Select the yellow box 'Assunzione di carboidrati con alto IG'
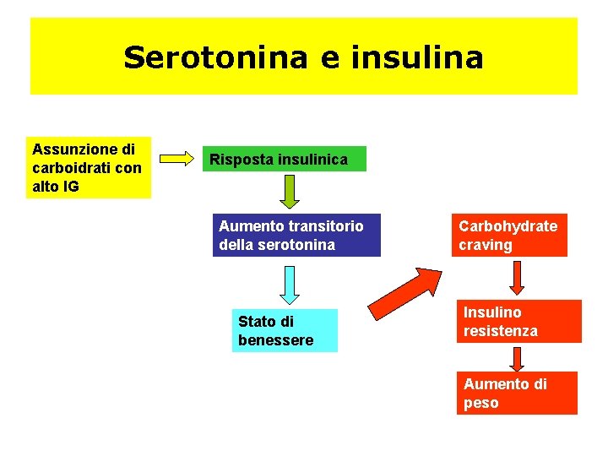pos(87,167)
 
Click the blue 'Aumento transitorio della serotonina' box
pos(296,235)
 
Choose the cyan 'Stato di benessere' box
pos(285,330)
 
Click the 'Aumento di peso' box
pos(517,393)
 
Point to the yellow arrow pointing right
pos(177,158)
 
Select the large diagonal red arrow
pos(405,291)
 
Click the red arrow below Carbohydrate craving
pos(517,277)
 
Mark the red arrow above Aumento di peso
pos(518,357)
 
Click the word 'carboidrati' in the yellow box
pos(69,167)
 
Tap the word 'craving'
pos(486,245)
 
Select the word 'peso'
pos(481,403)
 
